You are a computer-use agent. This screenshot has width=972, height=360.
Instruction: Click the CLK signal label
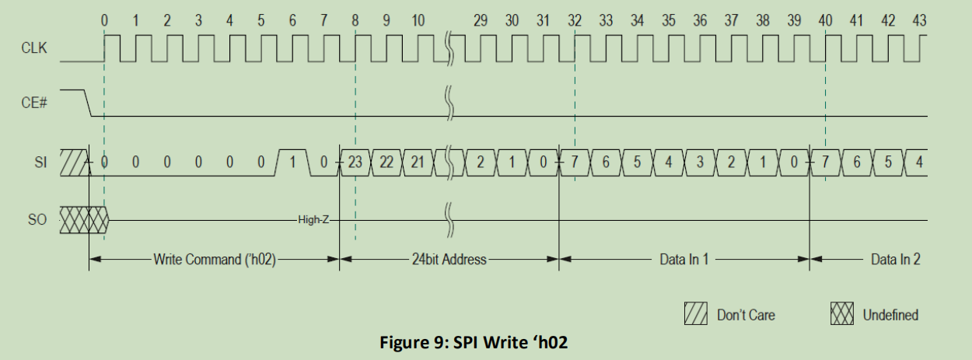34,48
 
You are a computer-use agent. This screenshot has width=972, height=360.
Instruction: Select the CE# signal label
33,103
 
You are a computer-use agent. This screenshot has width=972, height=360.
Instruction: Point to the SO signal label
37,220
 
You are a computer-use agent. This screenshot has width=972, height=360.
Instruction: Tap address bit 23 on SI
355,162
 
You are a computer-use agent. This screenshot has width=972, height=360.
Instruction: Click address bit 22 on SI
386,162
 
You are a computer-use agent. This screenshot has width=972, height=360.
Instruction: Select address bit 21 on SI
418,162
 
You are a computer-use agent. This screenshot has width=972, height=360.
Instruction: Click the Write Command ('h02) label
214,260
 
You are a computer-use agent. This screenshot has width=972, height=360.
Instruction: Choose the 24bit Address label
449,260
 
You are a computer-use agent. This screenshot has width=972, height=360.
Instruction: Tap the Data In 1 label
684,260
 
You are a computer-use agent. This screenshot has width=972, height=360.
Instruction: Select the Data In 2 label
895,260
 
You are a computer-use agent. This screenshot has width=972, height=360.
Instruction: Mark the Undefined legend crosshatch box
843,314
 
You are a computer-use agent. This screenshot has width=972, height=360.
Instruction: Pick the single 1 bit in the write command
293,162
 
